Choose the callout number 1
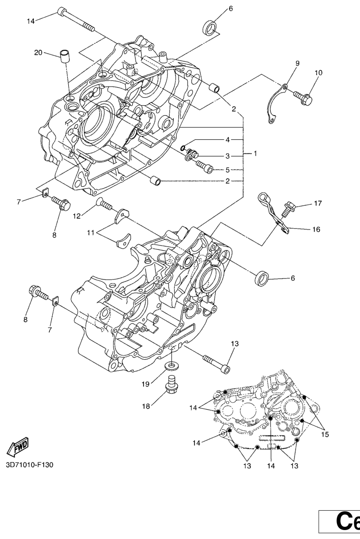256,154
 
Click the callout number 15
325,434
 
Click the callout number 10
319,73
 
